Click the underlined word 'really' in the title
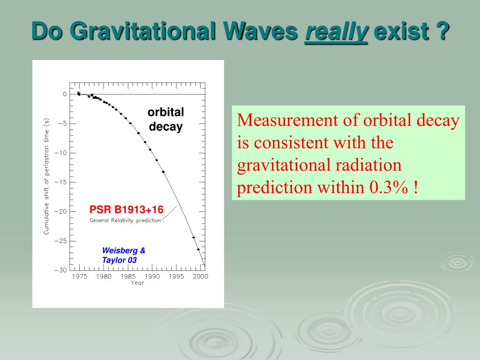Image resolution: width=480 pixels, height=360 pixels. click(x=336, y=31)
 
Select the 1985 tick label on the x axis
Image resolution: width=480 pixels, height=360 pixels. click(x=128, y=276)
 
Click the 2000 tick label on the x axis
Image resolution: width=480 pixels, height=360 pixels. click(x=200, y=276)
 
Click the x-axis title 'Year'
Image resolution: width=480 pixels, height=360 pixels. click(x=137, y=283)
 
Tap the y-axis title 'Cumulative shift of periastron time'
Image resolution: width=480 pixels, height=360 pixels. click(x=46, y=176)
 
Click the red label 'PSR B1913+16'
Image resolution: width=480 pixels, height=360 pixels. click(x=126, y=209)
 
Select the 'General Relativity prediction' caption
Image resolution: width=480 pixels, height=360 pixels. click(x=125, y=220)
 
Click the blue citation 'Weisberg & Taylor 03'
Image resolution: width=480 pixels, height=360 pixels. click(x=123, y=255)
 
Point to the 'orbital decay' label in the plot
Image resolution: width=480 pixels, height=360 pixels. click(x=165, y=120)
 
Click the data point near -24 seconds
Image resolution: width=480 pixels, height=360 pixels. click(x=194, y=238)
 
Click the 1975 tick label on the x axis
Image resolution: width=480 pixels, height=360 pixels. click(x=80, y=276)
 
